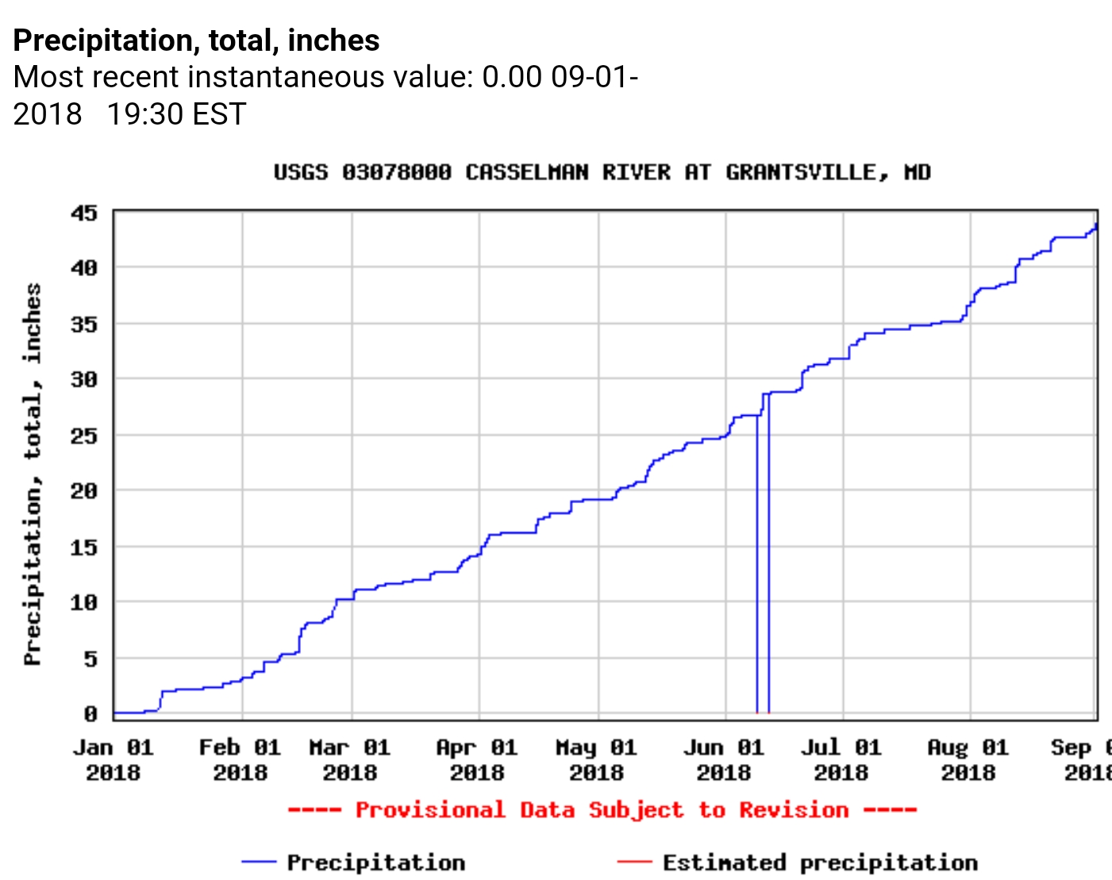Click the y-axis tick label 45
tap(84, 213)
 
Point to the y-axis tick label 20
tap(84, 491)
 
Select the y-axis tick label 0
tap(90, 714)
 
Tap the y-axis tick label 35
tap(84, 325)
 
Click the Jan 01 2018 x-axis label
tap(114, 759)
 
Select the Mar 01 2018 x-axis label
tap(350, 759)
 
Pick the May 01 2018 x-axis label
tap(596, 759)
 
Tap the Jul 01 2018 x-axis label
tap(841, 759)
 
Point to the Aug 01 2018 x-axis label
tap(968, 759)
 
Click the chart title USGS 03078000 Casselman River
tap(602, 172)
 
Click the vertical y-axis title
tap(32, 475)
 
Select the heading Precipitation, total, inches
tap(197, 40)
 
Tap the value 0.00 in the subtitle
tap(512, 77)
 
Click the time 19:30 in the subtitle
tap(144, 114)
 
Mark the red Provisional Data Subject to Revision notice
tap(602, 810)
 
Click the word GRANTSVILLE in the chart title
tap(801, 172)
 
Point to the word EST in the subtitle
tap(219, 114)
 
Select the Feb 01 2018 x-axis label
tap(240, 759)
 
